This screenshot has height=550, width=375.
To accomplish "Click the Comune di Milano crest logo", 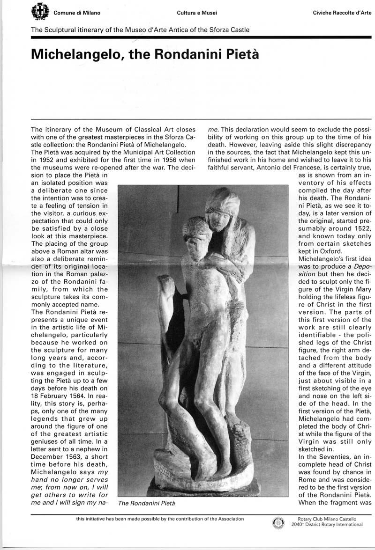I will point(40,12).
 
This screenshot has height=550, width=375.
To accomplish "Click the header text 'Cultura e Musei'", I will point(197,13).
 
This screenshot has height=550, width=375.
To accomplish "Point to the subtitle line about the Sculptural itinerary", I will point(140,30).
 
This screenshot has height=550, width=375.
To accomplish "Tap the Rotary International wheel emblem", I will point(279,522).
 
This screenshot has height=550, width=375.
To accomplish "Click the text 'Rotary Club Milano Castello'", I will point(328,519).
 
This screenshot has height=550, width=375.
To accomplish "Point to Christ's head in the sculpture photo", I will point(195,236).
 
